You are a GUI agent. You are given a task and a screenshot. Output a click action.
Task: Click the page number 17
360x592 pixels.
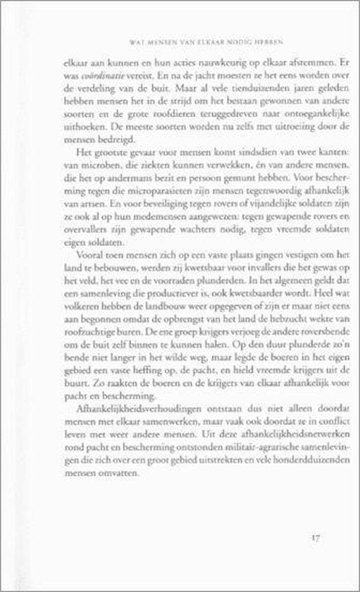click(x=314, y=540)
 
